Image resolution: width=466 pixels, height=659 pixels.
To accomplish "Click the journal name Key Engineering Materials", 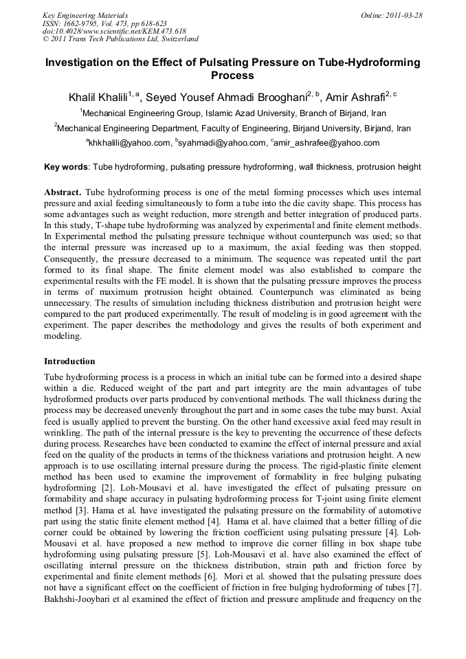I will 85,14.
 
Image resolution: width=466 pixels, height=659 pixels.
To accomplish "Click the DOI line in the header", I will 114,31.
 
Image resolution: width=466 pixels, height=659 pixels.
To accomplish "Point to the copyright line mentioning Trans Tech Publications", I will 120,39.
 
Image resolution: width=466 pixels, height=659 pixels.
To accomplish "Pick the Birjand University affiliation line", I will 233,129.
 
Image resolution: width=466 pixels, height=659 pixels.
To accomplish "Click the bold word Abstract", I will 63,192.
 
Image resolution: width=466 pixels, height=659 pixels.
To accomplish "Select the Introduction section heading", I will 69,361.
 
